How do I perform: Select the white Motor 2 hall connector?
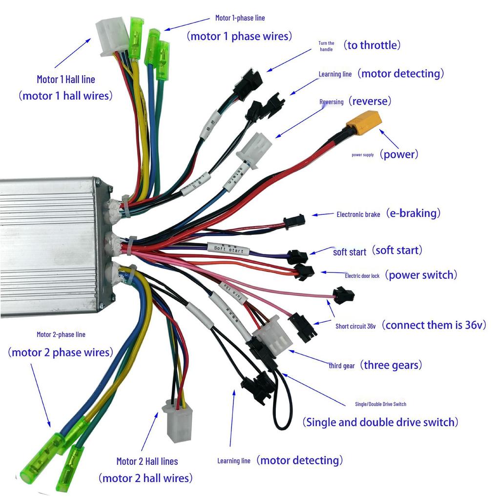point(179,422)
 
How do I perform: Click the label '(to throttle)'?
point(372,45)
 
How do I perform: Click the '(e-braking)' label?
point(413,213)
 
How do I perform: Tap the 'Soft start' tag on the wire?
point(228,249)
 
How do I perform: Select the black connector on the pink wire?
point(343,295)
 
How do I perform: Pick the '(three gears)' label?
point(391,365)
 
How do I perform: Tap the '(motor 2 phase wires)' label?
point(60,352)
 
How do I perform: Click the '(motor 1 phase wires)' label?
point(239,36)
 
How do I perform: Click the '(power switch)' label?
point(421,275)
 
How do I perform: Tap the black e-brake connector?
point(294,222)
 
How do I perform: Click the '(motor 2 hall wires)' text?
point(145,478)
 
